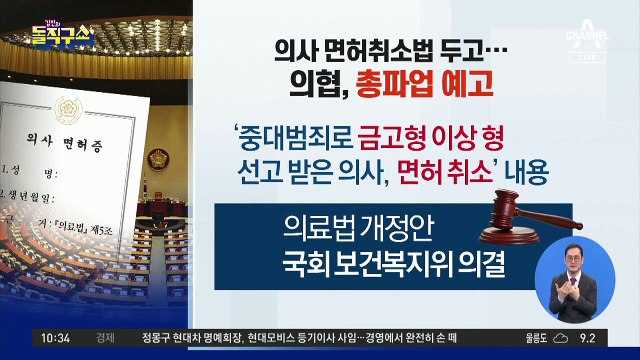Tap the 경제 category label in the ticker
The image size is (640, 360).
coord(105,339)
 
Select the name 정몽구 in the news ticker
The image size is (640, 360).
coord(157,339)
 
